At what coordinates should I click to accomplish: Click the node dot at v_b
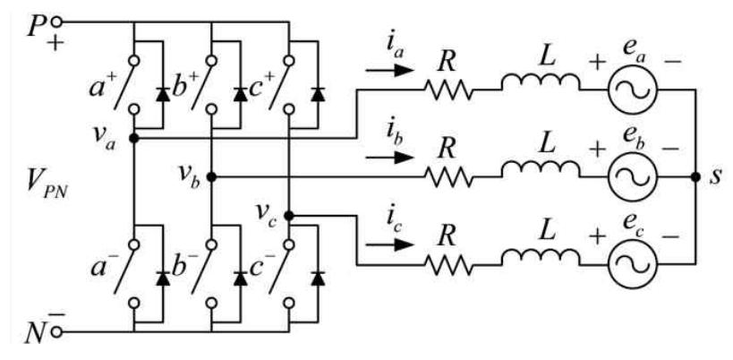click(211, 177)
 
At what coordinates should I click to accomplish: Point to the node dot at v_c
click(289, 216)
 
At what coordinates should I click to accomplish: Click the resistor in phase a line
click(447, 90)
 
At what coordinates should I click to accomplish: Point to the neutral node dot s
click(695, 177)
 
